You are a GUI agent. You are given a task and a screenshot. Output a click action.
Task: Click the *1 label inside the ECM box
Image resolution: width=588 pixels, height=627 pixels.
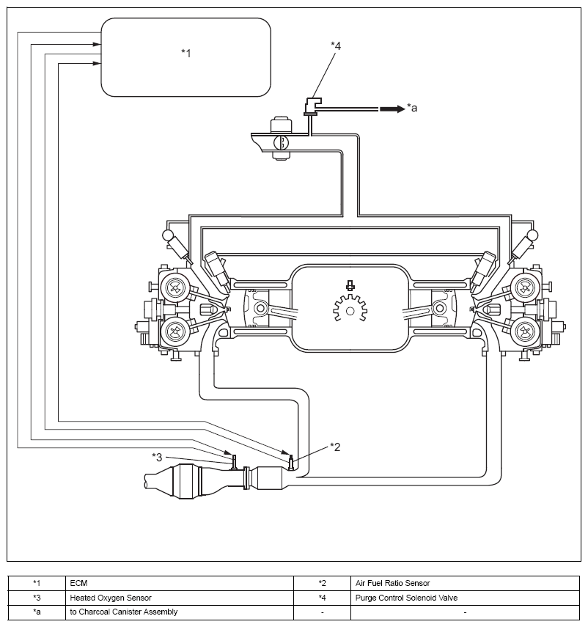[186, 54]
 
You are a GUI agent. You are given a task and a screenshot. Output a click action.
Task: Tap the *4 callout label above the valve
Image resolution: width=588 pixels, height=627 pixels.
[336, 46]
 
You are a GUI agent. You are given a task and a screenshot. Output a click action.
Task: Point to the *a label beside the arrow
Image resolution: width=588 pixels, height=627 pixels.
[412, 108]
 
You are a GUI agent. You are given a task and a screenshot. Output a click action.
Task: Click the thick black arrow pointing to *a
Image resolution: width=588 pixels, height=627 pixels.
[392, 109]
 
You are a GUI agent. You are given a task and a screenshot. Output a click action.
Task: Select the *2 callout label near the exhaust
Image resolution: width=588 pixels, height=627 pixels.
[335, 447]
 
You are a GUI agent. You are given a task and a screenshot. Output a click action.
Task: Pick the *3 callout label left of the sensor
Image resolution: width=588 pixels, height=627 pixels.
[157, 457]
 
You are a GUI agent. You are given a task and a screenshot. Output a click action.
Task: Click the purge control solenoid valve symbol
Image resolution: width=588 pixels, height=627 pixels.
[312, 106]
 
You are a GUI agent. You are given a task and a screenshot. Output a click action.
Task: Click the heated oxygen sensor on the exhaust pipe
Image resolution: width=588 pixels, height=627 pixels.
[234, 462]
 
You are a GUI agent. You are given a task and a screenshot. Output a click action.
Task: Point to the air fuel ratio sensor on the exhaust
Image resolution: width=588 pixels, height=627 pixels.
[291, 462]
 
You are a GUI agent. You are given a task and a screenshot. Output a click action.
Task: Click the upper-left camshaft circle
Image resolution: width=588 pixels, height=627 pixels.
[174, 287]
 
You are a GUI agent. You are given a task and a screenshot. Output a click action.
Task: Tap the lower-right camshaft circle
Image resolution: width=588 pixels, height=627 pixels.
[525, 330]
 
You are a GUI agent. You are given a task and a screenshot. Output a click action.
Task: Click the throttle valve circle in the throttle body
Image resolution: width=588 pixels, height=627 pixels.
[281, 143]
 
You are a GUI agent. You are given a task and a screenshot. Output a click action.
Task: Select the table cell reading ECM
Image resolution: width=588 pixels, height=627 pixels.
[180, 584]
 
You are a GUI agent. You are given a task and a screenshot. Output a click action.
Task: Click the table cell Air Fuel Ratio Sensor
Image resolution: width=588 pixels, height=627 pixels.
[465, 584]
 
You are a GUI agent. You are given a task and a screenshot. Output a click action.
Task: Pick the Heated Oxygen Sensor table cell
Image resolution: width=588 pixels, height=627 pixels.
[180, 598]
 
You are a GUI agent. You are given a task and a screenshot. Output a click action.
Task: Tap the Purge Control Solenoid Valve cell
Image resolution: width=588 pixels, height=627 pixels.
[465, 598]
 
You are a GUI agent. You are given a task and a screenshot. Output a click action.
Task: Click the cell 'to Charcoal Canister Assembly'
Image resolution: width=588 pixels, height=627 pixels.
[180, 612]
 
